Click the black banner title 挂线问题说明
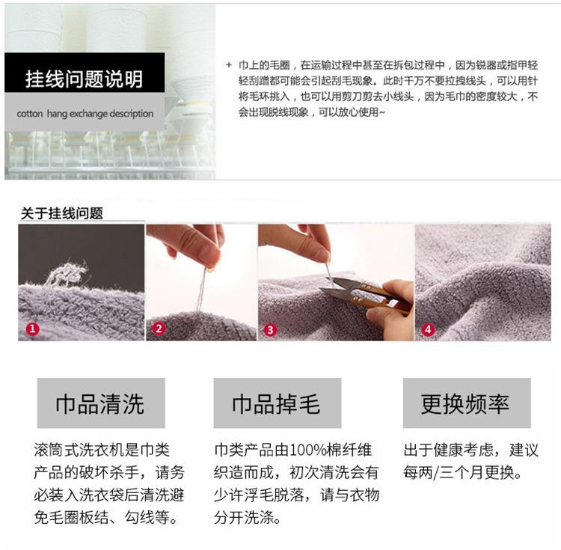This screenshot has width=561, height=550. click(x=84, y=79)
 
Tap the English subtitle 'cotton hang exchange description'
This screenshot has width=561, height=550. click(x=85, y=114)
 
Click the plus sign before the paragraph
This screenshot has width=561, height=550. click(x=229, y=65)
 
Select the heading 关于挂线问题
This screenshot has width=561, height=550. click(x=62, y=213)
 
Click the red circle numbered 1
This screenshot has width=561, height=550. click(x=33, y=329)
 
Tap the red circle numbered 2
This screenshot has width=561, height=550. click(x=159, y=329)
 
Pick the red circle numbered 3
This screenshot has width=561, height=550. click(x=270, y=329)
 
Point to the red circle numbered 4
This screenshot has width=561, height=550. click(x=429, y=329)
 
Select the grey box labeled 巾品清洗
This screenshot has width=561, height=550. click(x=101, y=403)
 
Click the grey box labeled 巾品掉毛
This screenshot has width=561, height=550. click(x=278, y=403)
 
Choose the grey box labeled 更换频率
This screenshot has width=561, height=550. click(x=467, y=403)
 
